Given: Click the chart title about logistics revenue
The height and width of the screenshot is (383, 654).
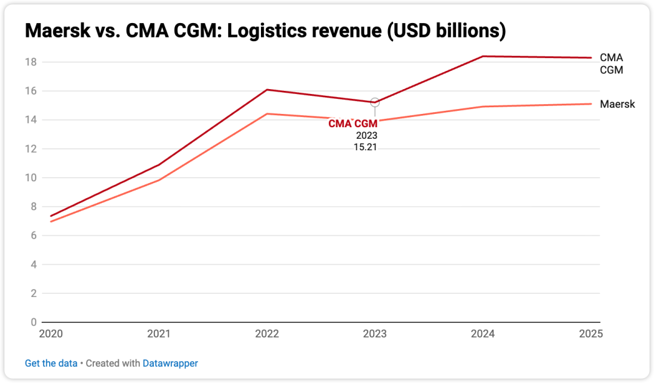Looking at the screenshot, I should (265, 30).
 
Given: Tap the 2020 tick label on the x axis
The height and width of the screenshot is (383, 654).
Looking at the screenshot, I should (51, 334).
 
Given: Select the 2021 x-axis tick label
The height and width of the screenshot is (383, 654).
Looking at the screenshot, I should (159, 334).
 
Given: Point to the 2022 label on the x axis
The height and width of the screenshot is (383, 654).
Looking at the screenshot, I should (266, 334).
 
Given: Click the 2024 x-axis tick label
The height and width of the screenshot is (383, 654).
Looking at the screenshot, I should (483, 334).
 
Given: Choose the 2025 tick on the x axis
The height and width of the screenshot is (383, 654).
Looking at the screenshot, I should (590, 334).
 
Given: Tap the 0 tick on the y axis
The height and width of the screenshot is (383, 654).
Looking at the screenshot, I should (34, 322).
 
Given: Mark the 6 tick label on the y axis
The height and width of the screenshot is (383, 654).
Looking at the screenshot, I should (34, 236).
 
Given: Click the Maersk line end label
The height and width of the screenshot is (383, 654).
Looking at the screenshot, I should (617, 104).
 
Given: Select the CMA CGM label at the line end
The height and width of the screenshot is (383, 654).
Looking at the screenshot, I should (611, 64).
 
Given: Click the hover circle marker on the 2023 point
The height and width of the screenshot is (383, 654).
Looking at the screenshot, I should (375, 102).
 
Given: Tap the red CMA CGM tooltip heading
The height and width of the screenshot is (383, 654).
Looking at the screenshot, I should (352, 124).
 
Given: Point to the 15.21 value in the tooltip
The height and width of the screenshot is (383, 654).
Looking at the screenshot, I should (365, 147).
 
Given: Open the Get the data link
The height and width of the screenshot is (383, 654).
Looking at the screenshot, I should (51, 364).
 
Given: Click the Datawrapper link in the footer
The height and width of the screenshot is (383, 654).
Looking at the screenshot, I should (170, 364).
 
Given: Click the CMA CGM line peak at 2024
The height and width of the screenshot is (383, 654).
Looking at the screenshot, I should (483, 56).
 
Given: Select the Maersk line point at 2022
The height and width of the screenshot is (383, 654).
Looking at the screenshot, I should (267, 114).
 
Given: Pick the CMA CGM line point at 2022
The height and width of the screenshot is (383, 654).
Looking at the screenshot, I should (267, 90).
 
